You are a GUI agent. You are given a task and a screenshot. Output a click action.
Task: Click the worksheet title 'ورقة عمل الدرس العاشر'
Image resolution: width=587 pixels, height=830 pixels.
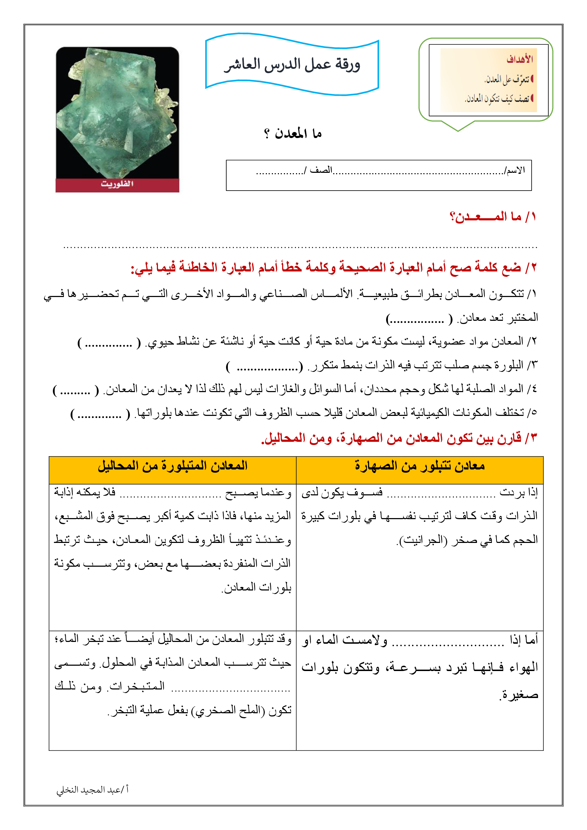[x=292, y=65]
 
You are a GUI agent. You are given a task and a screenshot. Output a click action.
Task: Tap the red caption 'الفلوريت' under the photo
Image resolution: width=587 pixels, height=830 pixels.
[x=117, y=184]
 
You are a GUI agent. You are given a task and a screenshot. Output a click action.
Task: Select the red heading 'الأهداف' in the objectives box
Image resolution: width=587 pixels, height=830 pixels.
[x=520, y=59]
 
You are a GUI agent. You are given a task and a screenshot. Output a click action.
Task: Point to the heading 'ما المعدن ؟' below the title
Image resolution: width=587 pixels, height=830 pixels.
[x=293, y=134]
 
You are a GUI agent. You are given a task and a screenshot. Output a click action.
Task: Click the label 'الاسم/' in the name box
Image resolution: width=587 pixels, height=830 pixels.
[x=515, y=170]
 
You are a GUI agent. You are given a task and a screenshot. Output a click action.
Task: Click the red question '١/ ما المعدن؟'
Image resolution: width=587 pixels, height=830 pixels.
[x=493, y=217]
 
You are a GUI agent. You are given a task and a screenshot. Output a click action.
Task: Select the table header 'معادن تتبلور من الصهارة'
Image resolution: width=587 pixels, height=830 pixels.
[x=419, y=466]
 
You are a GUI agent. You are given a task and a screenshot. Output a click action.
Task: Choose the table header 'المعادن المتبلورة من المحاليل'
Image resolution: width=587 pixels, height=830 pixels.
[x=172, y=466]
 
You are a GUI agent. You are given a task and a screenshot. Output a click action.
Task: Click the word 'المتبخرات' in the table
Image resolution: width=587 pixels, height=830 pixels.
[x=137, y=686]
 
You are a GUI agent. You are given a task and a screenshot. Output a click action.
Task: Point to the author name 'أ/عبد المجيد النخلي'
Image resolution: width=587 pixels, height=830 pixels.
[x=93, y=790]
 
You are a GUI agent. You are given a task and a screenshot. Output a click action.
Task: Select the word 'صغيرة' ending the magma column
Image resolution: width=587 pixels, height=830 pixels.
[x=520, y=694]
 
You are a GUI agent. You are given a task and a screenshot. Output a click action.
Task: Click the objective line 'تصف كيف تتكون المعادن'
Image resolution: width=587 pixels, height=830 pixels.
[x=498, y=98]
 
